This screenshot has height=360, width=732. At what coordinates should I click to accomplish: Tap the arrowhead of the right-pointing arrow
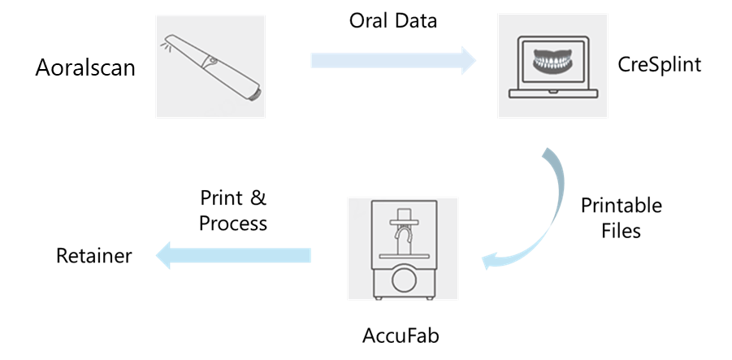point(469,60)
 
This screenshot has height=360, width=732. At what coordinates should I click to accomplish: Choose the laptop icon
point(552,66)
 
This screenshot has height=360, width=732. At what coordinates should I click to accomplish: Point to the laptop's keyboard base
point(552,94)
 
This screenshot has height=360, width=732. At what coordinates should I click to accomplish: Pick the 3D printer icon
point(402,249)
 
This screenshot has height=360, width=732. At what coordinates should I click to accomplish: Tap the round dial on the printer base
point(403,282)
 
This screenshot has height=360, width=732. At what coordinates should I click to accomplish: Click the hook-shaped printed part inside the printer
point(402,238)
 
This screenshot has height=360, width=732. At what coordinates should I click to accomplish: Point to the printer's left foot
point(379,297)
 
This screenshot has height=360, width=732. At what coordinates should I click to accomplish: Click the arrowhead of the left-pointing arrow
point(163,255)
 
